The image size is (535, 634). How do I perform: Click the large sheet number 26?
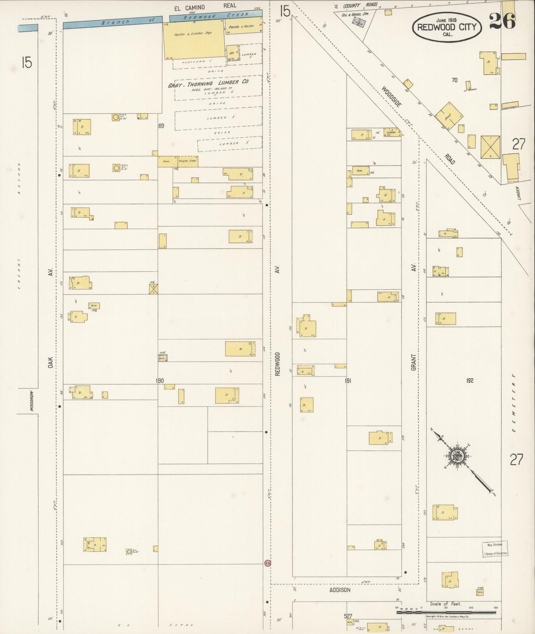502,21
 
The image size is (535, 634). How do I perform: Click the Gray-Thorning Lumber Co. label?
208,84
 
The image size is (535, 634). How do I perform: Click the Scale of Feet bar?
446,612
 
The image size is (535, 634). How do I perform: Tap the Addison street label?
340,590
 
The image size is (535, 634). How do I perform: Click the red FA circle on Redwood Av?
267,563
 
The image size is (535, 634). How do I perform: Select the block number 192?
469,380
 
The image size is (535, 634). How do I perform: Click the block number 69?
161,126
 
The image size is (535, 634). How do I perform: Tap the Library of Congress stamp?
495,549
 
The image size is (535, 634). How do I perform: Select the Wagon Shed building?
187,161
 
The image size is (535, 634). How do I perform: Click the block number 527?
348,616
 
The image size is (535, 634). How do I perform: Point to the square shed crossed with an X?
490,146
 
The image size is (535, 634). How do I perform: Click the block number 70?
454,80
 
